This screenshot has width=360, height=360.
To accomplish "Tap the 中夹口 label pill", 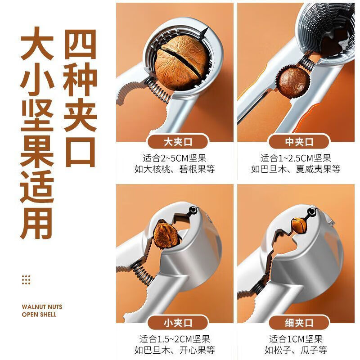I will pyautogui.click(x=297, y=143).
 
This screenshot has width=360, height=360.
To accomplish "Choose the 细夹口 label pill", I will pyautogui.click(x=297, y=323).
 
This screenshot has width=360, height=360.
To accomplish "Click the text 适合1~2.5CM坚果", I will pyautogui.click(x=297, y=158).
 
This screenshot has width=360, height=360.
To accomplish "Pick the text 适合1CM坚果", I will pyautogui.click(x=297, y=339).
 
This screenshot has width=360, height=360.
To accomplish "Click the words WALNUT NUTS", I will pyautogui.click(x=42, y=307).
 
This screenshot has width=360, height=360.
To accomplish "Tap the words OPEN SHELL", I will pyautogui.click(x=39, y=315).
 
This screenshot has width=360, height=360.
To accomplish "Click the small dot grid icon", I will pyautogui.click(x=26, y=280).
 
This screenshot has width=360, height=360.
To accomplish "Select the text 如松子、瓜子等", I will pyautogui.click(x=297, y=350).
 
